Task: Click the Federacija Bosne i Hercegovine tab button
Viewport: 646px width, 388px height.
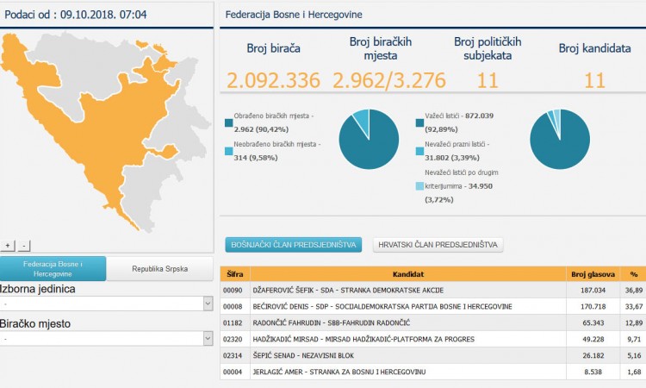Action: [x=53, y=268]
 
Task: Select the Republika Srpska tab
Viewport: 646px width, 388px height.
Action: [x=159, y=269]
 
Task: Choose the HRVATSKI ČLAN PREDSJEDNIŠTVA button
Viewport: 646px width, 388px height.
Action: [x=438, y=245]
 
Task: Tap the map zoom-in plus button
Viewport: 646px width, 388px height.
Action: [x=9, y=246]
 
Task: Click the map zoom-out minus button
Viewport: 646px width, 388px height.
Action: [x=24, y=246]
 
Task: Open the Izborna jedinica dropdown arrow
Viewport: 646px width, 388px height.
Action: [x=208, y=304]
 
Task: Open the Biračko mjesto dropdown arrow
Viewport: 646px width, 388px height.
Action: [x=208, y=339]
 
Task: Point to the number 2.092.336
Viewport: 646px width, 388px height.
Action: [x=274, y=81]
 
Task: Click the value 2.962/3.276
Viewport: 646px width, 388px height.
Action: [x=389, y=81]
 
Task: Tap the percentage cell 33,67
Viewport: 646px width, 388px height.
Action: [x=634, y=307]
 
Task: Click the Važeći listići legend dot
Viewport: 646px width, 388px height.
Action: [x=419, y=123]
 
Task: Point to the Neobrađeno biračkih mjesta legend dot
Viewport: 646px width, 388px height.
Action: [x=228, y=151]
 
